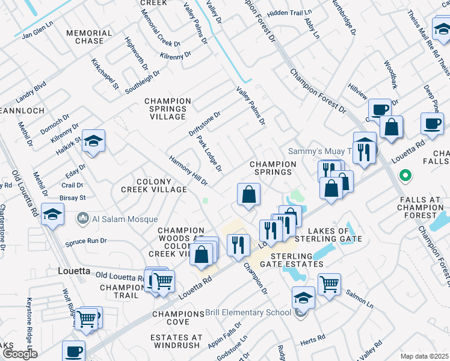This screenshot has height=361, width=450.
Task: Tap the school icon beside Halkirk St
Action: (x=93, y=141)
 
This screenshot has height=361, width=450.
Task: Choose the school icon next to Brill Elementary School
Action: (x=303, y=298)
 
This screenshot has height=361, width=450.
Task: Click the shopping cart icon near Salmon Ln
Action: (x=329, y=284)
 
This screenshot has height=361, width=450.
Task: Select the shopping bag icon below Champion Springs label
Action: (x=248, y=194)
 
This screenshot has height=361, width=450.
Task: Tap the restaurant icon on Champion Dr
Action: (x=238, y=245)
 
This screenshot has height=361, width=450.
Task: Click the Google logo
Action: (x=19, y=354)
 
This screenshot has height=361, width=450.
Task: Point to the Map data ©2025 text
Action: (x=424, y=356)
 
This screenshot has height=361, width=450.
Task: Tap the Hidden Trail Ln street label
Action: (x=290, y=13)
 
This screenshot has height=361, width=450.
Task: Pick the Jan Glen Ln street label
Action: (x=37, y=35)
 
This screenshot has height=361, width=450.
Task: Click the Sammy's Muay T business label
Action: (x=315, y=151)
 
